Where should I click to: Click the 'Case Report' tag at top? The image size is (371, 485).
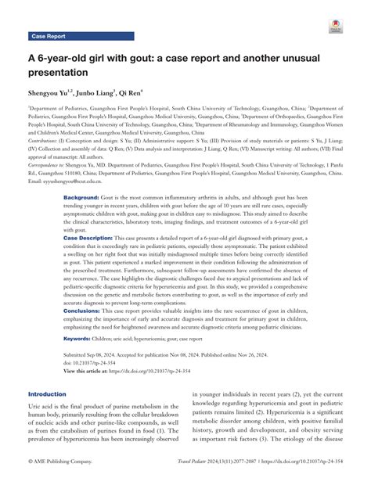[49, 36]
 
